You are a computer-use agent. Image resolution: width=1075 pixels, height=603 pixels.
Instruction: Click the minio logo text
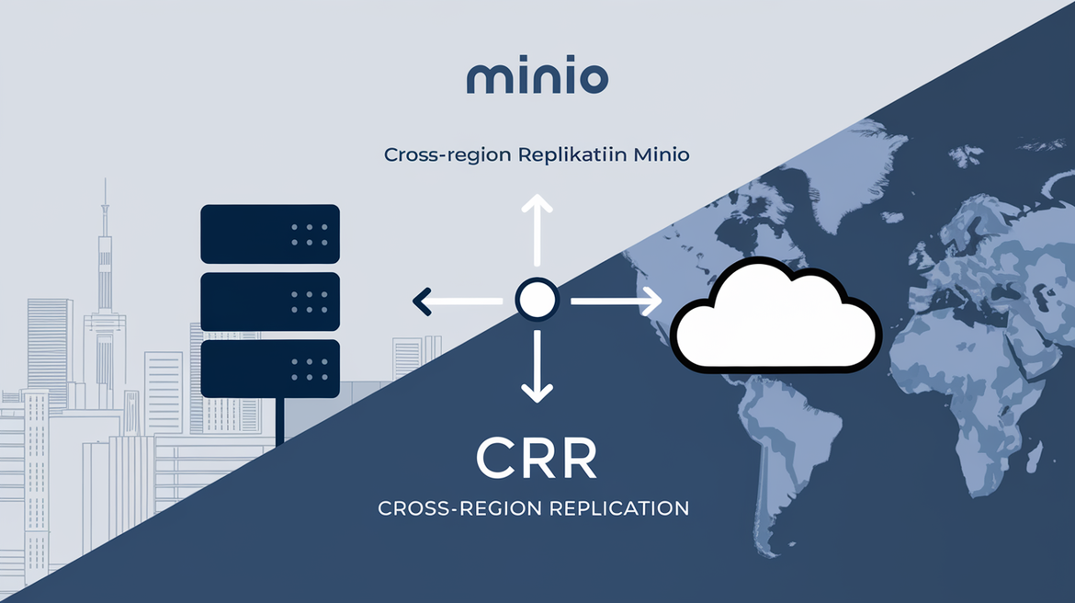pos(537,78)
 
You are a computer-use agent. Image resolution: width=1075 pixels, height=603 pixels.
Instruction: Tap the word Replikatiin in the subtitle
pos(572,155)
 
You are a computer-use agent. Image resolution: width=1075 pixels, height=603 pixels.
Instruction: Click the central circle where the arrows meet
pos(536,300)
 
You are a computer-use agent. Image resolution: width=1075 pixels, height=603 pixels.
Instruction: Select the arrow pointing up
pos(537,230)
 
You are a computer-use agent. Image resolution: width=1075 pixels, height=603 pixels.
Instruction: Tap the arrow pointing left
pos(455,300)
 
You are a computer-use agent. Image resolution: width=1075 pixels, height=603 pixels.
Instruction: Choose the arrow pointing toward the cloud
pos(616,301)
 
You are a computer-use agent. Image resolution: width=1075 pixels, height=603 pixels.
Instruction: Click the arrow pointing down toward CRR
pos(537,368)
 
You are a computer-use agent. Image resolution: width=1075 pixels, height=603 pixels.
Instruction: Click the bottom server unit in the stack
pos(269,369)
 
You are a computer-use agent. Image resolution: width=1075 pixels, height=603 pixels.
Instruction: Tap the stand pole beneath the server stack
pos(280,421)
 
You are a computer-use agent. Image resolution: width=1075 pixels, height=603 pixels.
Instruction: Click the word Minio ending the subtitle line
pos(658,155)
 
